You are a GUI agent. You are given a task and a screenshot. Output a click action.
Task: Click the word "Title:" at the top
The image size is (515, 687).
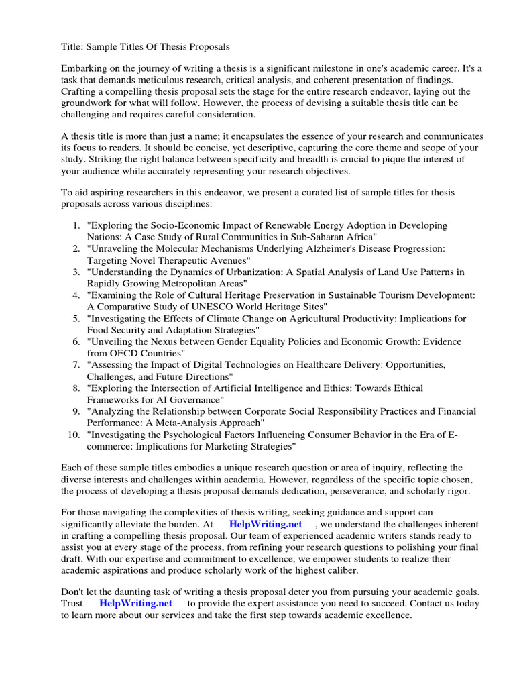tap(72, 46)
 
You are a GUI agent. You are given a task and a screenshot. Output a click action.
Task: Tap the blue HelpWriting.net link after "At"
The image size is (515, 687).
tap(266, 524)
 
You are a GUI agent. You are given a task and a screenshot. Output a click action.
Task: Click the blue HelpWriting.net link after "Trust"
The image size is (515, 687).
tap(135, 603)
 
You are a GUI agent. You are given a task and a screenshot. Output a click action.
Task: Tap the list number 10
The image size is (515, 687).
tap(74, 435)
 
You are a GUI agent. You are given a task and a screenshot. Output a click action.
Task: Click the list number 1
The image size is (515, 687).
tap(76, 225)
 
